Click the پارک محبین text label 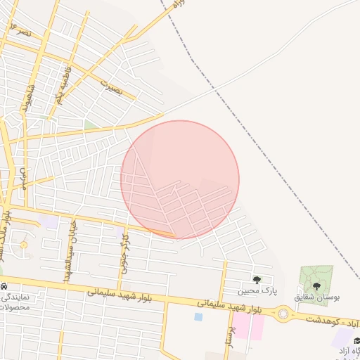[x=257, y=290]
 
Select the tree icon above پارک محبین [x=257, y=280]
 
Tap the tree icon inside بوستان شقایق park [x=316, y=286]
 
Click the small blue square [x=198, y=317]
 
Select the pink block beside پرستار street [x=247, y=327]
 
